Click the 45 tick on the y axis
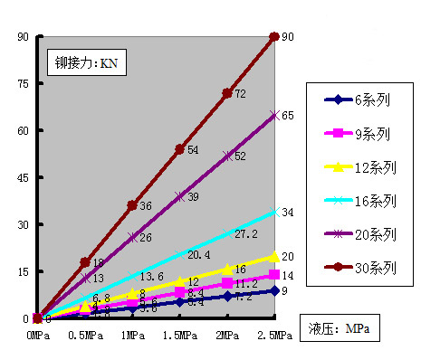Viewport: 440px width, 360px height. (24, 177)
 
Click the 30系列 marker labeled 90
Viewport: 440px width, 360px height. (274, 36)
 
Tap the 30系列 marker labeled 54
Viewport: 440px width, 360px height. (179, 149)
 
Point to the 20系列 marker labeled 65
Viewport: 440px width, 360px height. (274, 115)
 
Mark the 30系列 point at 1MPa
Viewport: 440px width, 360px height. (132, 205)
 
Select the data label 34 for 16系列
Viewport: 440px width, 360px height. (287, 213)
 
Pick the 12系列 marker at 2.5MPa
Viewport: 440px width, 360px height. (274, 256)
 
